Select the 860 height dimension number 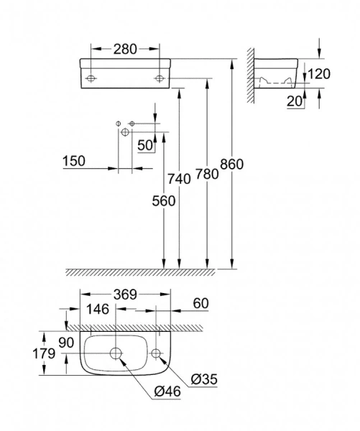click(232, 164)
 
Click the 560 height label click(164, 202)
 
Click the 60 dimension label click(201, 304)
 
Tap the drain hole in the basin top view click(116, 353)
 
